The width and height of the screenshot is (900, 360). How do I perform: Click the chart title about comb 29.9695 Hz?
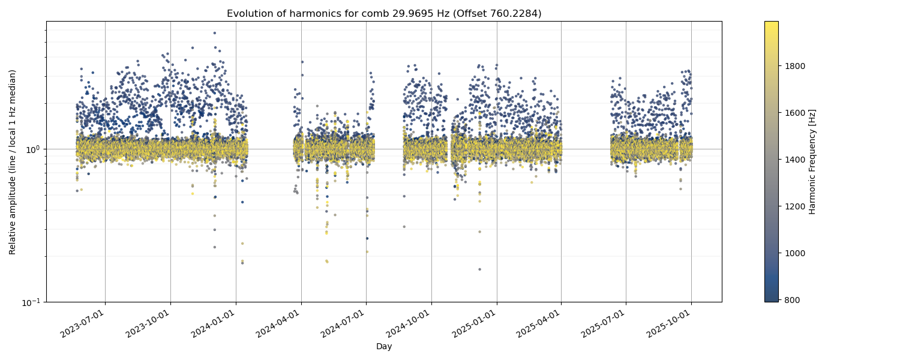384,13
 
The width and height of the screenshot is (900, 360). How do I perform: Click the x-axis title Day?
384,347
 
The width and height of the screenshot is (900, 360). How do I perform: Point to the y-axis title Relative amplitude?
13,162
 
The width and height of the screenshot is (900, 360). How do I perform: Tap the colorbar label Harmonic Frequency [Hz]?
812,162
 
